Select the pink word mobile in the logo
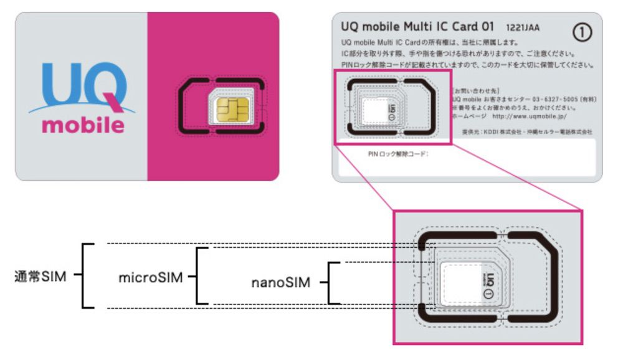[x=83, y=124]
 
